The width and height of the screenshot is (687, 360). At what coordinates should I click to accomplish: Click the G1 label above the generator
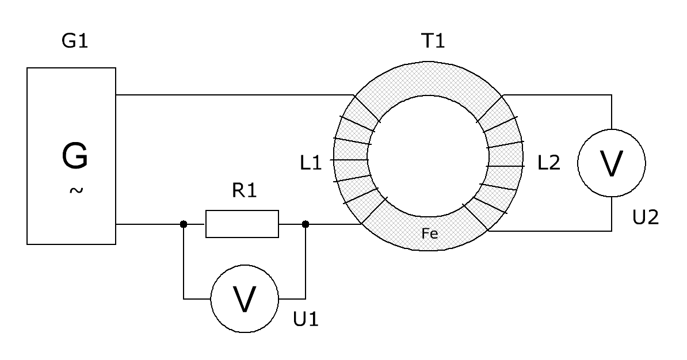pyautogui.click(x=75, y=41)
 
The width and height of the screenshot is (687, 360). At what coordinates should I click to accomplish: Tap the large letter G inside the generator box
pyautogui.click(x=75, y=155)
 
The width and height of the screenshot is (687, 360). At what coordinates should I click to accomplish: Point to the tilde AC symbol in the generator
pyautogui.click(x=76, y=190)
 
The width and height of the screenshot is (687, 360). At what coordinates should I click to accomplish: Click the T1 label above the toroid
pyautogui.click(x=433, y=41)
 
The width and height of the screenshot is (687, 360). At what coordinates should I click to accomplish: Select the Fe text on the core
pyautogui.click(x=430, y=233)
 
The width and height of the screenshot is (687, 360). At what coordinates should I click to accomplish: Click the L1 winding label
pyautogui.click(x=311, y=163)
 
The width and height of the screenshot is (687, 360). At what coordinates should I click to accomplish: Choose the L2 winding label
pyautogui.click(x=549, y=163)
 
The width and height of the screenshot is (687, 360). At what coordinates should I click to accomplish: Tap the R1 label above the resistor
pyautogui.click(x=244, y=190)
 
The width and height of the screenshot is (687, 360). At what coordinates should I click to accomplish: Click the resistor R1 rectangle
pyautogui.click(x=242, y=224)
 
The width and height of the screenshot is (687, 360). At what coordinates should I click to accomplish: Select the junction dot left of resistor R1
pyautogui.click(x=184, y=224)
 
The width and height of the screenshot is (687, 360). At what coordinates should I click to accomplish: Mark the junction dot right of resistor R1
pyautogui.click(x=306, y=224)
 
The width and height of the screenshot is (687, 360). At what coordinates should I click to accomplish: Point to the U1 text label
pyautogui.click(x=306, y=320)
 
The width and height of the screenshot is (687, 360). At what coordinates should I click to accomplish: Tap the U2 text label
pyautogui.click(x=646, y=217)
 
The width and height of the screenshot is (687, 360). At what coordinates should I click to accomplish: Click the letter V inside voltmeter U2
pyautogui.click(x=611, y=163)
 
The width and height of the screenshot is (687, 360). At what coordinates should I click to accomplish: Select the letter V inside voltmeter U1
pyautogui.click(x=245, y=299)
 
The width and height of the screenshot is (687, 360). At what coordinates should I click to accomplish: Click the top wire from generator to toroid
pyautogui.click(x=234, y=94)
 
